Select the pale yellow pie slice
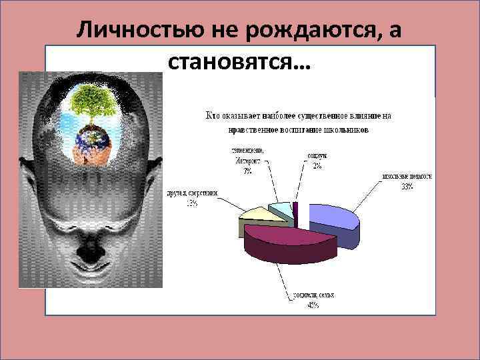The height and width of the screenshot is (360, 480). [x=257, y=217]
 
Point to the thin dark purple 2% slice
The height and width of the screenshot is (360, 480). [x=295, y=209]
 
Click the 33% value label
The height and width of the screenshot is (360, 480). [x=407, y=187]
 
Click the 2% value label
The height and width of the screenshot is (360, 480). [x=317, y=166]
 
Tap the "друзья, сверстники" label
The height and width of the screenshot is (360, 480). [x=192, y=194]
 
